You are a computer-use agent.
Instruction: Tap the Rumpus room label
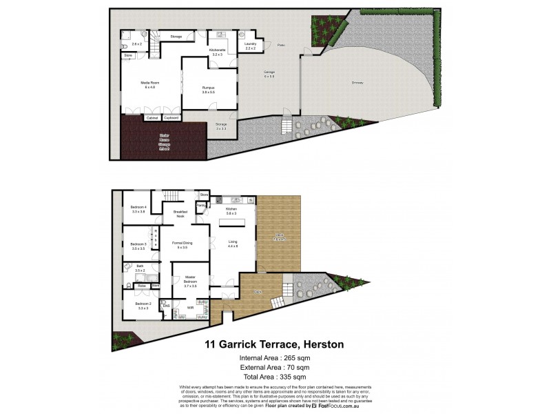(x=208, y=88)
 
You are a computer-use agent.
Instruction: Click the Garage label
(x=268, y=73)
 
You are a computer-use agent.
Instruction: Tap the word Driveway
(x=357, y=83)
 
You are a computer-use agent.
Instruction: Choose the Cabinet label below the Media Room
(x=152, y=119)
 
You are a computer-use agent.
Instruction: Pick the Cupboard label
(x=171, y=119)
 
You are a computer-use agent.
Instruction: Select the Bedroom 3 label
(x=138, y=245)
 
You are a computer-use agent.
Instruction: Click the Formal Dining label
(x=182, y=245)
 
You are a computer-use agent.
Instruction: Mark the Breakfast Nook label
(x=180, y=214)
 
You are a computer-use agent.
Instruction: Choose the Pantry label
(x=200, y=205)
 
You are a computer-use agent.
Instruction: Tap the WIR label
(x=189, y=308)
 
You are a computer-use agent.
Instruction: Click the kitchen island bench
(x=229, y=223)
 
